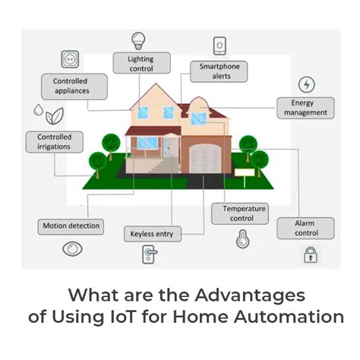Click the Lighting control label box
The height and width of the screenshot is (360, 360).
pyautogui.click(x=141, y=63)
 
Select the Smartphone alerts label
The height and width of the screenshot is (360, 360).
pyautogui.click(x=220, y=71)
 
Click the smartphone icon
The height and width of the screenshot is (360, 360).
pyautogui.click(x=220, y=46)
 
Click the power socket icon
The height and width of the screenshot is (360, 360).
pyautogui.click(x=69, y=60)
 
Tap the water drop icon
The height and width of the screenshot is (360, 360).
pyautogui.click(x=38, y=112)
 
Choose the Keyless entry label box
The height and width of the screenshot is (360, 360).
pyautogui.click(x=152, y=234)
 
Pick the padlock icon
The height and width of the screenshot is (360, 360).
pyautogui.click(x=310, y=254)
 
